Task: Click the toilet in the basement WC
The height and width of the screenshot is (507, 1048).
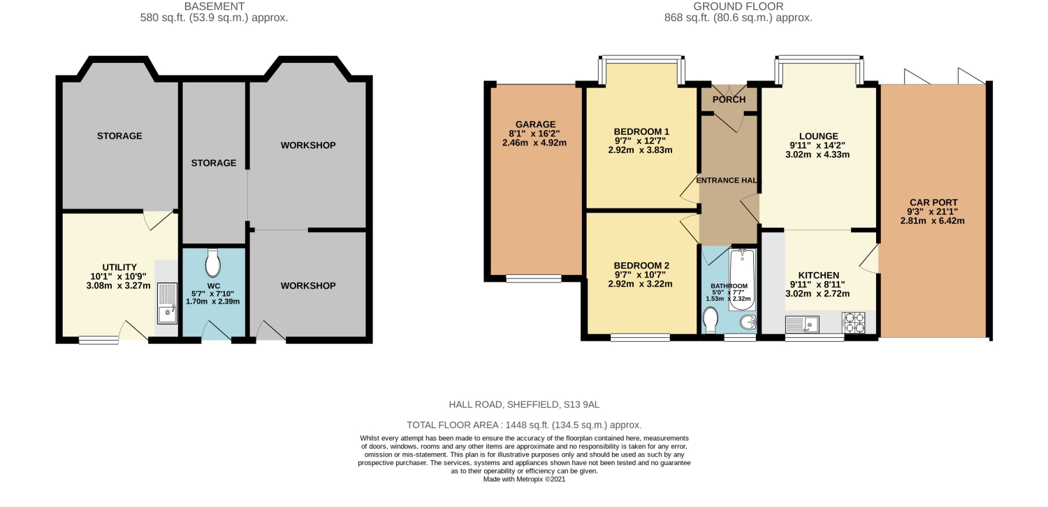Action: (x=213, y=264)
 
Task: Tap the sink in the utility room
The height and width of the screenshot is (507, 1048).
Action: (x=167, y=304)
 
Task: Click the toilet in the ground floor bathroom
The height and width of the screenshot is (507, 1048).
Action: (x=711, y=322)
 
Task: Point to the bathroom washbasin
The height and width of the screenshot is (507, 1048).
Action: (x=746, y=323)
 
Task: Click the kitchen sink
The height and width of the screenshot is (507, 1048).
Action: (x=801, y=324)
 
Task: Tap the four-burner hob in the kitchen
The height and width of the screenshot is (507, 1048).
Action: (x=854, y=322)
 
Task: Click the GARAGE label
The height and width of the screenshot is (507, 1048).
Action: (x=535, y=124)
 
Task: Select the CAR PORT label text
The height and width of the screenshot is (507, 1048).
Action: (x=933, y=203)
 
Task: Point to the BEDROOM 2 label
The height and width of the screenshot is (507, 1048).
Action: (x=641, y=266)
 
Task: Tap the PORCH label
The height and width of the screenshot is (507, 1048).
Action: (x=729, y=100)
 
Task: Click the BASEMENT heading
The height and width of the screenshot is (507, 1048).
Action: (x=214, y=6)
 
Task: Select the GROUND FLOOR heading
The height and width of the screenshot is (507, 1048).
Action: (x=738, y=6)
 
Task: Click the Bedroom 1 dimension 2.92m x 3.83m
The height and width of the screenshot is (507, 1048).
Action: (x=640, y=150)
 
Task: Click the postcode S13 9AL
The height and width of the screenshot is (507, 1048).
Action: (x=581, y=404)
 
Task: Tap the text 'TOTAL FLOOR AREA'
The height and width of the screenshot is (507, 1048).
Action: (x=451, y=425)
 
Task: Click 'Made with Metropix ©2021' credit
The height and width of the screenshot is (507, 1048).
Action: (x=524, y=479)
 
